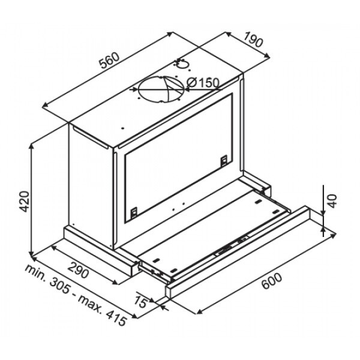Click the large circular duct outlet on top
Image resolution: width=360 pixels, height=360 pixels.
[x=161, y=91]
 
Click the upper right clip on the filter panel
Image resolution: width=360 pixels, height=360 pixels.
[x=223, y=160]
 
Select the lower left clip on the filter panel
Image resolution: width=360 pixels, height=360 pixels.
[x=133, y=212]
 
